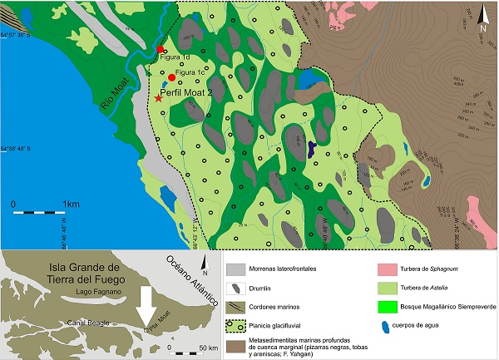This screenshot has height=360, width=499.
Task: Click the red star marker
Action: coord(159,99)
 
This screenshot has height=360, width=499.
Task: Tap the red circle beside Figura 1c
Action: coord(171,77)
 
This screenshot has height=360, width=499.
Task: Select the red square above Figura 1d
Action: coord(160,50)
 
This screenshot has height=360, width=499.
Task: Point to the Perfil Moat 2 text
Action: coord(195,95)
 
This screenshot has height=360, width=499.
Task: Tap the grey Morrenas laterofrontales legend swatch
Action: coord(236,270)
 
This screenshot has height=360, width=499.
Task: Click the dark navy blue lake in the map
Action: coord(312,150)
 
